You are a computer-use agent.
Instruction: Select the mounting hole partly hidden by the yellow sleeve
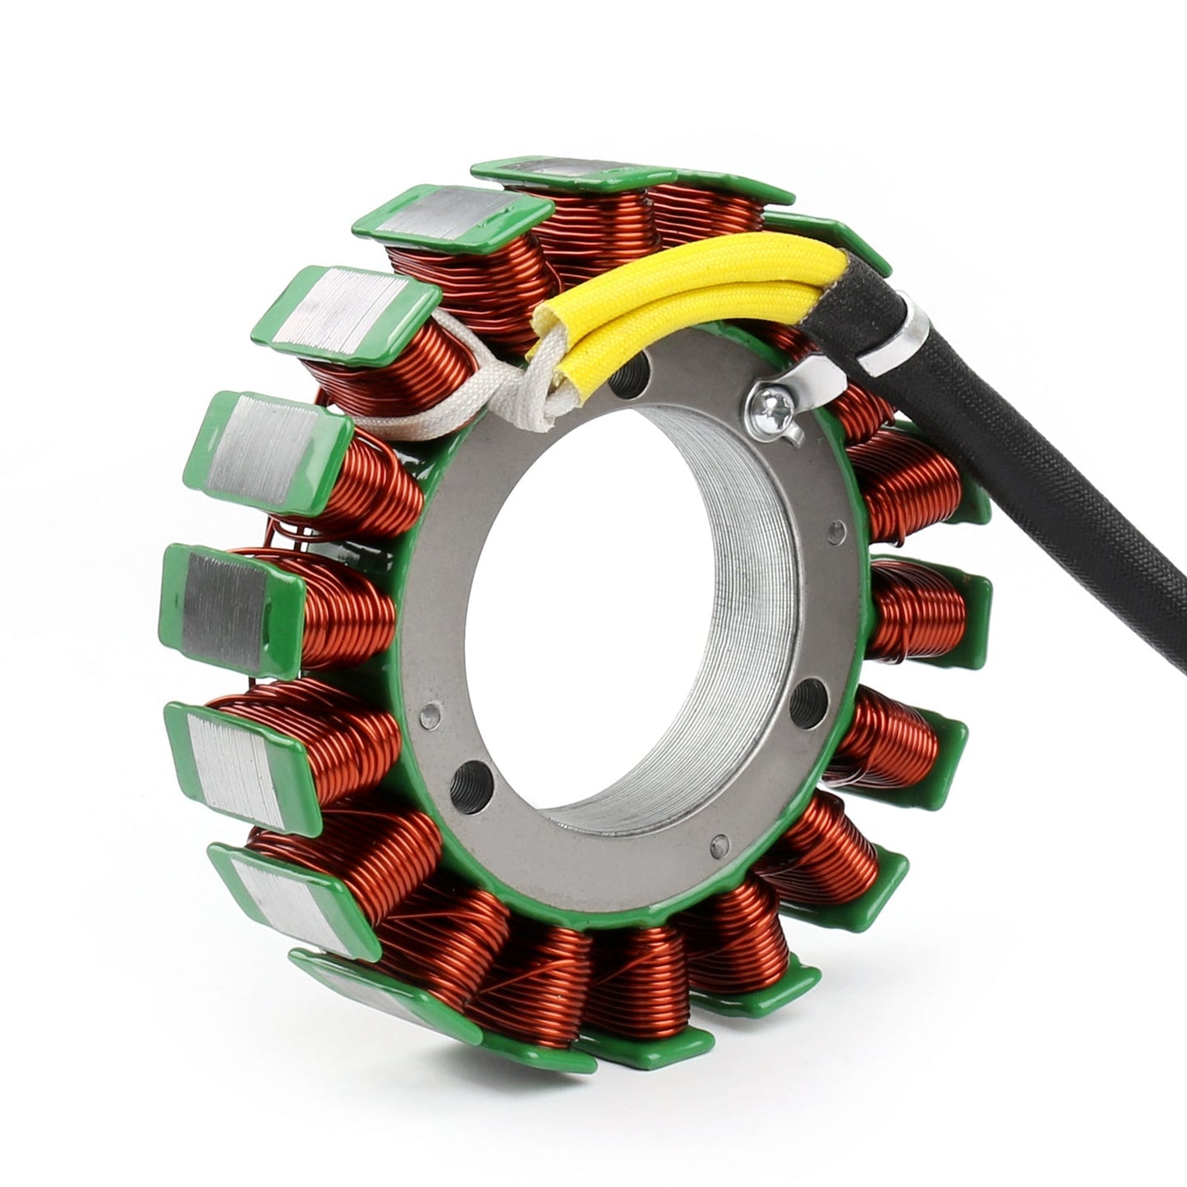[628, 378]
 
